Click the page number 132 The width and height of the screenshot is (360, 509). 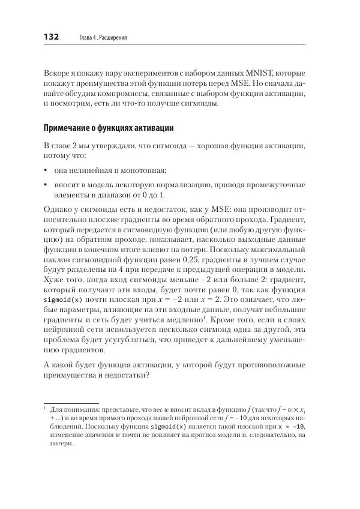[x=50, y=37]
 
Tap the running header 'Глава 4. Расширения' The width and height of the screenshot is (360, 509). [x=103, y=38]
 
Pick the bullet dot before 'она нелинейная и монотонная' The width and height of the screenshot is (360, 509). [x=46, y=171]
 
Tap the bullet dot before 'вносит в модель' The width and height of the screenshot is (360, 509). [x=46, y=186]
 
